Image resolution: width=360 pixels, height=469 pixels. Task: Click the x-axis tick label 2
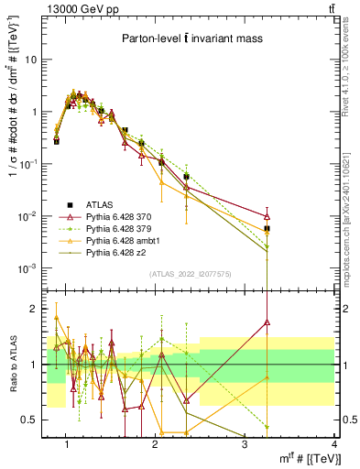tap(155, 444)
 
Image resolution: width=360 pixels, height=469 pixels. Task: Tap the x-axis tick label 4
tap(333, 444)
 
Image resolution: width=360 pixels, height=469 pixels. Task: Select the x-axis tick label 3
tap(245, 444)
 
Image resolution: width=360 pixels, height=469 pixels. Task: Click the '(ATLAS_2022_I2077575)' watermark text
tap(190, 274)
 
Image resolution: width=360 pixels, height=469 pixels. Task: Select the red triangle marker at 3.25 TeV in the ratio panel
tap(267, 322)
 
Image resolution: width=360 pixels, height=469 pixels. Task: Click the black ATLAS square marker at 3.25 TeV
tap(267, 228)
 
